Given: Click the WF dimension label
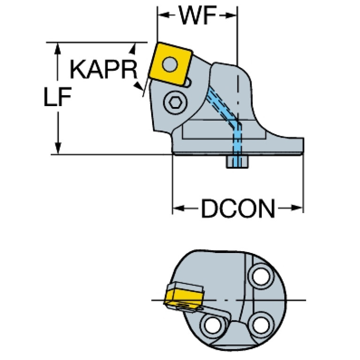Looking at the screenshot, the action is pos(198,15).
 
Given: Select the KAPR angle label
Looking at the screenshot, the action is pos(103,69).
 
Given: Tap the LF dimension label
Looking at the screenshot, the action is pos(57,97).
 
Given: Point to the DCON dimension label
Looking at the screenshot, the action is pos(238,208).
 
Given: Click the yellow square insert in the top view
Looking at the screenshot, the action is pos(170,64).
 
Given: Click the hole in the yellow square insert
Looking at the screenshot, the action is pos(170,64).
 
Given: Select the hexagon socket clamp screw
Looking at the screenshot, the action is pos(175,102).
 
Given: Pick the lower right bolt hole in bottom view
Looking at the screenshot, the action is pos(261,325).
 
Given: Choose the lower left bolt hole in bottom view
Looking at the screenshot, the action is pos(213,326).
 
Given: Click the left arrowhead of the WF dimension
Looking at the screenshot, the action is pos(163,15).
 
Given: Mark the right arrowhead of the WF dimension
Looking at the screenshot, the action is pos(231,15).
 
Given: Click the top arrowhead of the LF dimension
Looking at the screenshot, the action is pos(57,48).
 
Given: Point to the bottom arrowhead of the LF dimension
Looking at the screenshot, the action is pos(58,148).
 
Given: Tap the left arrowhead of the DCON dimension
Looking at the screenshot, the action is pos(179,208).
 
